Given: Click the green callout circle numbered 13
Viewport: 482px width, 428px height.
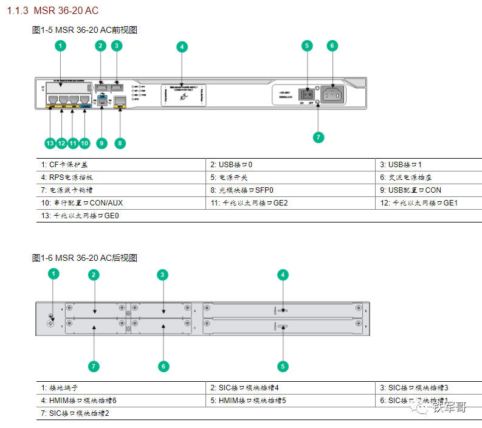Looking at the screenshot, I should click(x=50, y=143).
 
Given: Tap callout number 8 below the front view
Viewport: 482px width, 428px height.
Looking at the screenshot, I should click(x=120, y=143).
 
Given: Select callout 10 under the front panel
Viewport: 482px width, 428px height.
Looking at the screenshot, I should click(x=84, y=143).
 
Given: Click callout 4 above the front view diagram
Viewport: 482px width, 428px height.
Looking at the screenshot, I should click(x=182, y=47).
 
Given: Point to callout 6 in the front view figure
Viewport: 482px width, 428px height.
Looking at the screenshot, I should click(x=332, y=46).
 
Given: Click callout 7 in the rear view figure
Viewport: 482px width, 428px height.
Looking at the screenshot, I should click(x=94, y=366).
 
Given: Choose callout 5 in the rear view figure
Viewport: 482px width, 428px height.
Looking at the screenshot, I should click(x=283, y=366).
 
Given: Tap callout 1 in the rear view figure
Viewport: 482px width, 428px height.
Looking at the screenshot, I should click(x=53, y=274).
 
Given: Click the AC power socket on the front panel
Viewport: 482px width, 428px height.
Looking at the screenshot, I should click(x=332, y=94).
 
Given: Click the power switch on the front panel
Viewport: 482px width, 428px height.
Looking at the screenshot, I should click(x=309, y=94).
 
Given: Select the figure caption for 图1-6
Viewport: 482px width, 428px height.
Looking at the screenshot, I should click(x=84, y=258).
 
